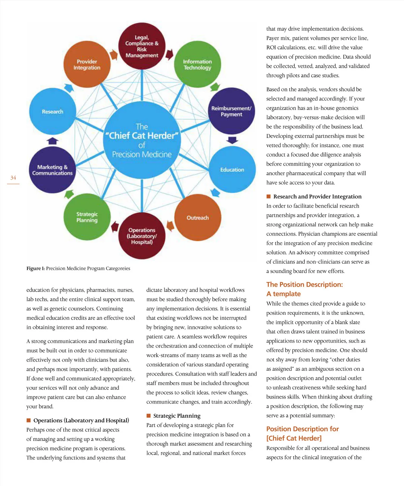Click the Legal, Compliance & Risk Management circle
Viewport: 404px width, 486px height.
pyautogui.click(x=142, y=46)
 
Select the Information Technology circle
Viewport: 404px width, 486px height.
pyautogui.click(x=197, y=65)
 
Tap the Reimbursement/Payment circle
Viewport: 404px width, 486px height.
pyautogui.click(x=231, y=111)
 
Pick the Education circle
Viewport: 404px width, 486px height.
pyautogui.click(x=232, y=170)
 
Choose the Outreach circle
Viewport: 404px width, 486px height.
pyautogui.click(x=198, y=218)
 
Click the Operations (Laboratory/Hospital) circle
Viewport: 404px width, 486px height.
pyautogui.click(x=142, y=236)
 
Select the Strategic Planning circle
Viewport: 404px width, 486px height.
pyautogui.click(x=87, y=217)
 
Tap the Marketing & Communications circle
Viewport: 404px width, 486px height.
pyautogui.click(x=52, y=170)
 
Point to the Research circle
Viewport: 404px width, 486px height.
pyautogui.click(x=53, y=111)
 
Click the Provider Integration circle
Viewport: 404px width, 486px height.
pyautogui.click(x=87, y=65)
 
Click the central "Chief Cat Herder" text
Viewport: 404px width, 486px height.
pyautogui.click(x=142, y=136)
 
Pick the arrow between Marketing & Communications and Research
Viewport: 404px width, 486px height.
pyautogui.click(x=53, y=141)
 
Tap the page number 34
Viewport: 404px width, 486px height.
pyautogui.click(x=13, y=178)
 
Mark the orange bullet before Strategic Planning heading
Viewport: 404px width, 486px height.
pyautogui.click(x=148, y=416)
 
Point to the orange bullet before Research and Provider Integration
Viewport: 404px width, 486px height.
pyautogui.click(x=268, y=196)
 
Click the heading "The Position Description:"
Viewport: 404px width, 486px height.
pyautogui.click(x=304, y=285)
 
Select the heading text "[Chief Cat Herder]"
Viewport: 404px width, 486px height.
pyautogui.click(x=294, y=438)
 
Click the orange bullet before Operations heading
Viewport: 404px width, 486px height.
pyautogui.click(x=29, y=420)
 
